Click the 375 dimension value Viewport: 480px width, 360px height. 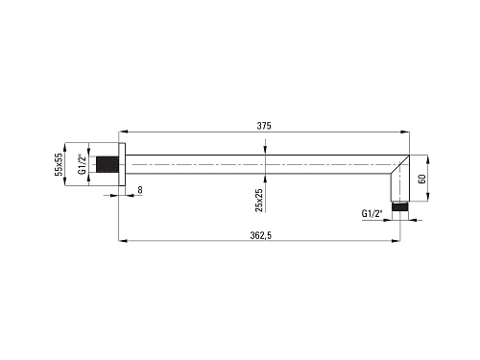(264, 126)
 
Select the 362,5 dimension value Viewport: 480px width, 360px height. (261, 235)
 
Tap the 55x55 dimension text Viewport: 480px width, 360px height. (59, 164)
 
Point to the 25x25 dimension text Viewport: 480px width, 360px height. (259, 200)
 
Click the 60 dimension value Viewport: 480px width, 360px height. (422, 179)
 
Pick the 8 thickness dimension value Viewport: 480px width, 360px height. (140, 190)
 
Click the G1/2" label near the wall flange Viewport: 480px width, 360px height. (83, 164)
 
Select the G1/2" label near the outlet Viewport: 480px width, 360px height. (372, 213)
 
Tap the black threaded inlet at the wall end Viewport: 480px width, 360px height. (108, 164)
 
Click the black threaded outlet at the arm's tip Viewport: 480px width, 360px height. (400, 206)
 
